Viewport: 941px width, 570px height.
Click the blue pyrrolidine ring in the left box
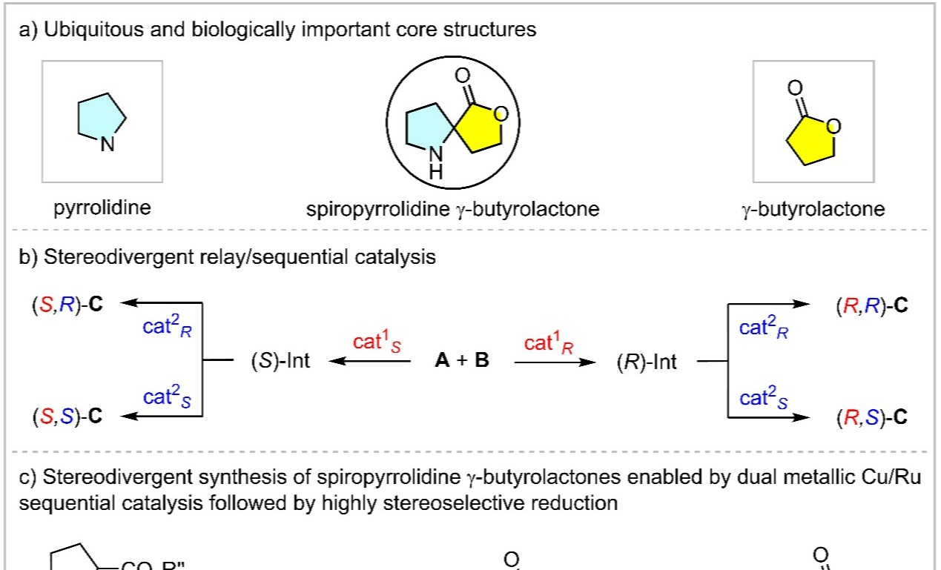coord(102,119)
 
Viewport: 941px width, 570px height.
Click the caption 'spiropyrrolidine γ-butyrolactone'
coord(453,209)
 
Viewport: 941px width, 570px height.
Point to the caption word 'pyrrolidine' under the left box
coord(102,208)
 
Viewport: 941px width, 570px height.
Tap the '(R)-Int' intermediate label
coord(647,363)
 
